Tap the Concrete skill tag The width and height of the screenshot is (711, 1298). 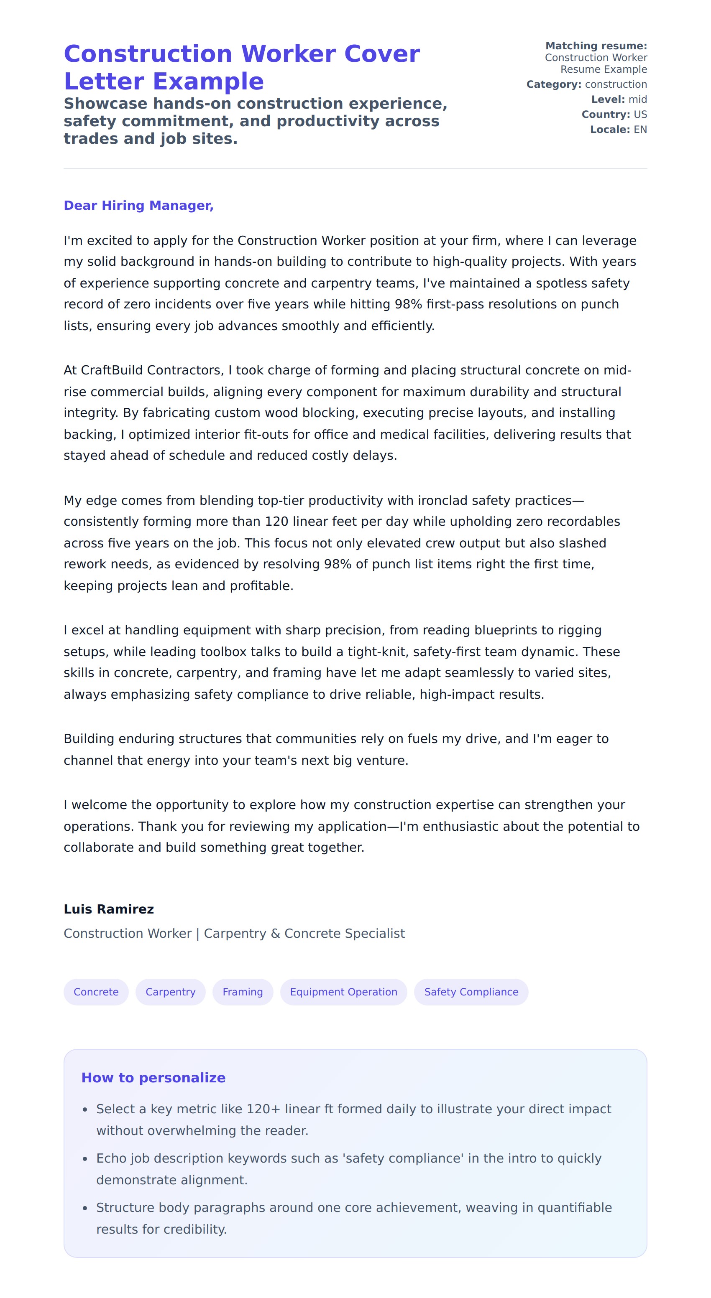96,992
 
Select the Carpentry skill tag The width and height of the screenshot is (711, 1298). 171,992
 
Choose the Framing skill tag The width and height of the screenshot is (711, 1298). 243,992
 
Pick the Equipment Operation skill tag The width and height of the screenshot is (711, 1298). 343,992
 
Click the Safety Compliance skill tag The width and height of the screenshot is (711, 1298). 471,992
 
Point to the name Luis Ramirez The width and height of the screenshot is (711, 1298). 108,909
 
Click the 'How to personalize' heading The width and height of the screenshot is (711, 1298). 153,1077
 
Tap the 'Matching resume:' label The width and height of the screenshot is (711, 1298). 596,46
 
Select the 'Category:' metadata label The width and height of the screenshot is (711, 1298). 554,84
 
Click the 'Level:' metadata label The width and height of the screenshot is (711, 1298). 608,99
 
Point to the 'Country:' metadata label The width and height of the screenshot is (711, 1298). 606,115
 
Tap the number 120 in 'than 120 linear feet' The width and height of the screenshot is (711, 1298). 276,522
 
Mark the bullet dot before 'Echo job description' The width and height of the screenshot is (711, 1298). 85,1159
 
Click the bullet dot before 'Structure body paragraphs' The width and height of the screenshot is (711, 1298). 85,1208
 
